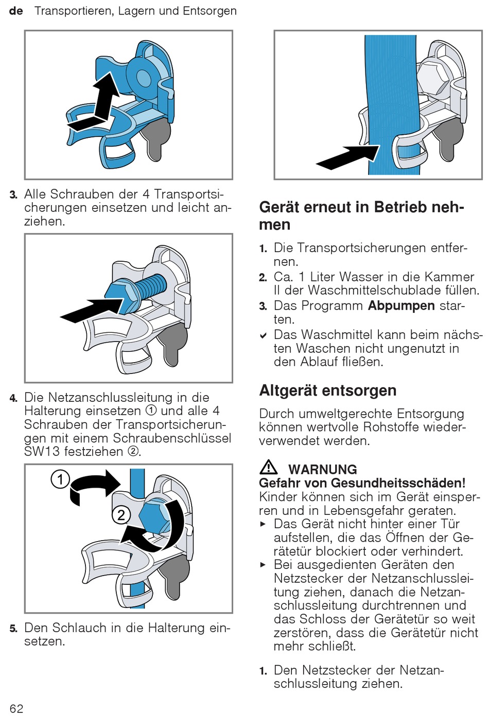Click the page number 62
[x=16, y=708]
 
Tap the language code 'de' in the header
[x=16, y=11]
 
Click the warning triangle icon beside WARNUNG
[x=269, y=467]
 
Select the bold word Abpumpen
[x=401, y=306]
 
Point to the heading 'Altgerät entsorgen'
[x=328, y=390]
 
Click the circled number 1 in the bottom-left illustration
[x=60, y=479]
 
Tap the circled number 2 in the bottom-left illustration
[x=121, y=515]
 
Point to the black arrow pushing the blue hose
[x=347, y=157]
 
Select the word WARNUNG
[x=322, y=469]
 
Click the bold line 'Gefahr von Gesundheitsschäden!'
[x=362, y=483]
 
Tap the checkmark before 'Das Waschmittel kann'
[x=263, y=335]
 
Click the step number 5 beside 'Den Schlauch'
[x=13, y=629]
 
